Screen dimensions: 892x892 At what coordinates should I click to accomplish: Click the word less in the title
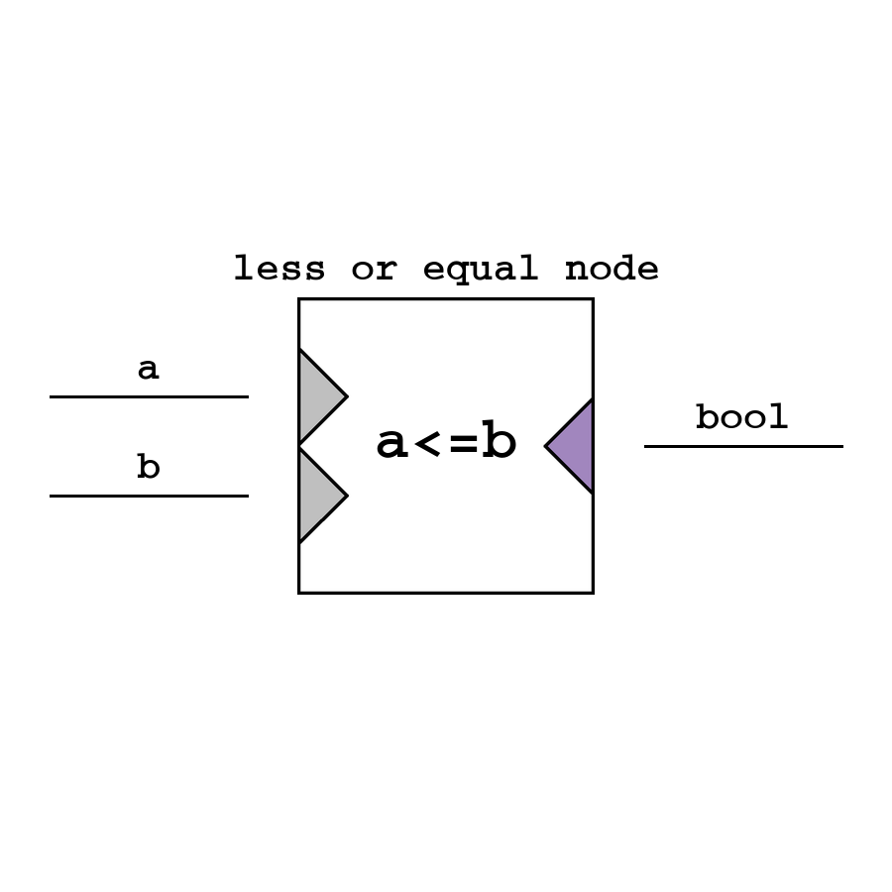[279, 269]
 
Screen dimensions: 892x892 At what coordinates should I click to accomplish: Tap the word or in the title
[374, 269]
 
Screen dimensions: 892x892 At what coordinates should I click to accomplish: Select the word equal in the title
[481, 270]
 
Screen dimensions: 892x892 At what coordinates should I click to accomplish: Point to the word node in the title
[612, 269]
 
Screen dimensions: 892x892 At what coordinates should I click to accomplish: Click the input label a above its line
[148, 370]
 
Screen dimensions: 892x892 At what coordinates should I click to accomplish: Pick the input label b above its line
[148, 467]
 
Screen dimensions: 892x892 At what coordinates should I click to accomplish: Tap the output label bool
[741, 417]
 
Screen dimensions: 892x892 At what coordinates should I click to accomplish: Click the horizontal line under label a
[149, 396]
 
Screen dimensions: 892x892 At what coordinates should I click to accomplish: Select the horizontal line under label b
[149, 496]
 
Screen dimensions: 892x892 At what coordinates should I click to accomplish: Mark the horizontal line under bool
[743, 446]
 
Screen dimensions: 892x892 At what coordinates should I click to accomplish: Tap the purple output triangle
[575, 446]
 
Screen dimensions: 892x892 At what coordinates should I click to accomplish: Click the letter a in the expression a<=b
[392, 444]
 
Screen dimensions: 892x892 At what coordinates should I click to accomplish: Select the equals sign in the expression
[463, 444]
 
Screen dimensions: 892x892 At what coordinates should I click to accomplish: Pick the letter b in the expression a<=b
[499, 442]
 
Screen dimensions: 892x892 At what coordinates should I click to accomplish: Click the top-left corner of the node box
[299, 299]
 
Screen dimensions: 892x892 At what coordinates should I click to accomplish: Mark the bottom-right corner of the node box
[593, 593]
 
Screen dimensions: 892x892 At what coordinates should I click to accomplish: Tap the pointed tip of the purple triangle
[547, 446]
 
